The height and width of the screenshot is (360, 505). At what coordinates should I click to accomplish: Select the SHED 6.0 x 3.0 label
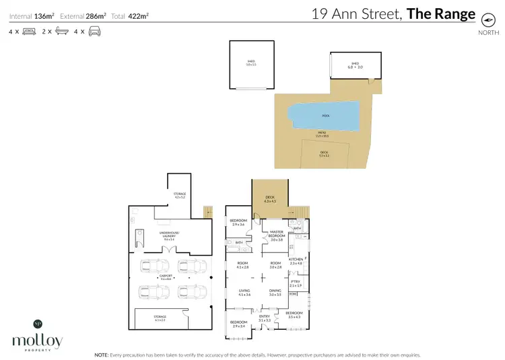[354, 65]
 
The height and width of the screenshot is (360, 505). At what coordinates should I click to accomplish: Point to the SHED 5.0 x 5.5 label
[251, 63]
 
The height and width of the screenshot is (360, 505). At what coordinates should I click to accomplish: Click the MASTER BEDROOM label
[277, 236]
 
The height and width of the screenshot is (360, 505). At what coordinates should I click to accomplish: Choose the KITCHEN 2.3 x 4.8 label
[296, 260]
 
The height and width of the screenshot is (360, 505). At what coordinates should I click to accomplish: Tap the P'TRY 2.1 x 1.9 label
[295, 283]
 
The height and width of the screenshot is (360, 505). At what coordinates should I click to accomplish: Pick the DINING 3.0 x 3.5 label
[275, 292]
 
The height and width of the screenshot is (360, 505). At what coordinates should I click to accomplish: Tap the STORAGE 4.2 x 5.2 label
[180, 195]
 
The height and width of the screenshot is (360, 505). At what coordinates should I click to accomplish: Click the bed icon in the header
[28, 31]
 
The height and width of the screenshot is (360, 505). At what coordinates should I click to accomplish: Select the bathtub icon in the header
[61, 31]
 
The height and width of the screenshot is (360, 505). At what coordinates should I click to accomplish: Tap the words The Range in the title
[441, 14]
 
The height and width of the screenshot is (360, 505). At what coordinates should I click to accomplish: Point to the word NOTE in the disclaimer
[102, 354]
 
